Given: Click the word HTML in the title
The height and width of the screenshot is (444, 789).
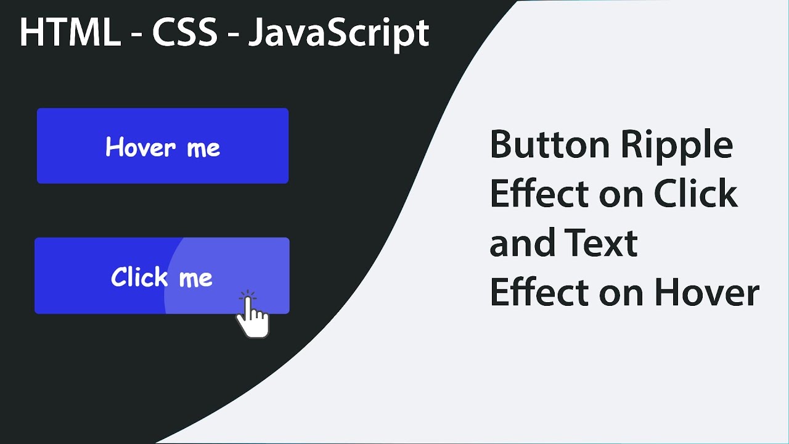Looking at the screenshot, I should (x=70, y=33).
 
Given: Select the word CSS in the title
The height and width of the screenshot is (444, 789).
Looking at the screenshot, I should (x=185, y=33).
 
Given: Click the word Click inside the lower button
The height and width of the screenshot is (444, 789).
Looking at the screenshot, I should (x=139, y=277).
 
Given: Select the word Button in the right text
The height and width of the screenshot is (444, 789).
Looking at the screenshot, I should (x=549, y=146).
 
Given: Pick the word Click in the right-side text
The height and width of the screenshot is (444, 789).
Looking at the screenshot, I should (x=695, y=194).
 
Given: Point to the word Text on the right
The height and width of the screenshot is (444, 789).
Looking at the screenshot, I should (x=600, y=243).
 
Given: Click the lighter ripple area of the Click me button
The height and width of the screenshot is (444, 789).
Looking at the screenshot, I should (x=259, y=259).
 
